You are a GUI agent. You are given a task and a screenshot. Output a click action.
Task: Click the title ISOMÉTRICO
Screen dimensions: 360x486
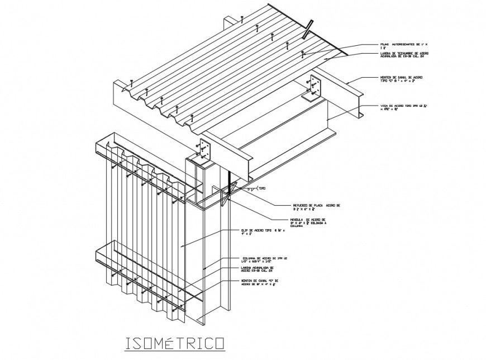[173, 342]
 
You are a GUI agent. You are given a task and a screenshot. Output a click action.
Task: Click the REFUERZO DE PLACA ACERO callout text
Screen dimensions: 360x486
[316, 207]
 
